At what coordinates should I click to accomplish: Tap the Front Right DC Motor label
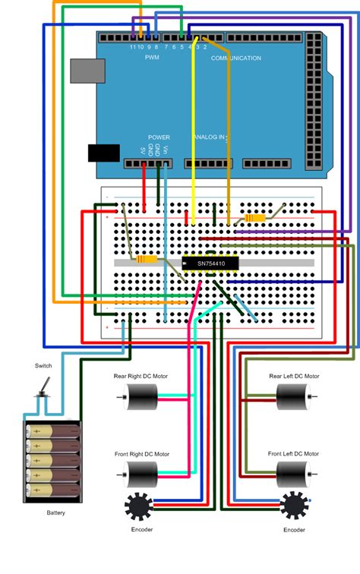tap(142, 454)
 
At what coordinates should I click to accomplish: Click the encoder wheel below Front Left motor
tap(294, 505)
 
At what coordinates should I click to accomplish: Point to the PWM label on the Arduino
tap(152, 57)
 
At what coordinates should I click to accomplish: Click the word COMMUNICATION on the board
tap(236, 58)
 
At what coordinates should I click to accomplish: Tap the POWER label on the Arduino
tap(159, 137)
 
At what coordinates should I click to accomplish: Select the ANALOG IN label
tap(210, 137)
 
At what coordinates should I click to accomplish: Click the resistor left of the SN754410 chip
tap(147, 260)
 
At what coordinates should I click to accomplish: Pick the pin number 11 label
tap(133, 47)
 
